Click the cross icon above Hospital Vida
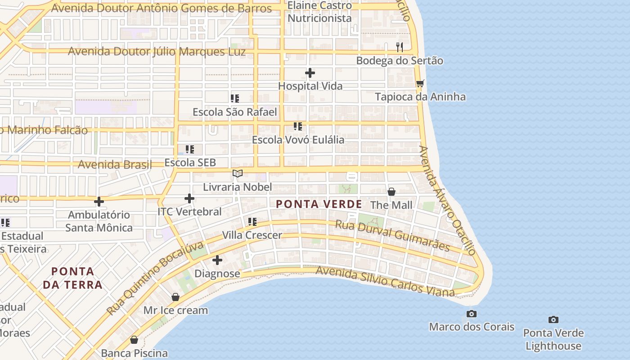310,72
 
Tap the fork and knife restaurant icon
399,47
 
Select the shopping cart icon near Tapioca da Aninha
420,83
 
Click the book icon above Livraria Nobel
238,173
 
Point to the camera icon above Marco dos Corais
472,314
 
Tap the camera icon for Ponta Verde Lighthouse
553,319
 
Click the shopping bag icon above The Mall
391,192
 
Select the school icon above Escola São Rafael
234,98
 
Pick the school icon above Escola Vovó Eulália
297,126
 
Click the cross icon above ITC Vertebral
189,198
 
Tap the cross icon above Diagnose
217,260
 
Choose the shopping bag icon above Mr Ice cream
175,297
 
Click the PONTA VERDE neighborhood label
319,204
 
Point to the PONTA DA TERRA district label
72,278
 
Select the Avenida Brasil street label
115,164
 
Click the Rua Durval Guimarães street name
392,235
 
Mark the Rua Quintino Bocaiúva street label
155,279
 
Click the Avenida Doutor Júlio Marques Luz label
157,52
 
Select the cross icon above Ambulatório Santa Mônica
99,202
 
